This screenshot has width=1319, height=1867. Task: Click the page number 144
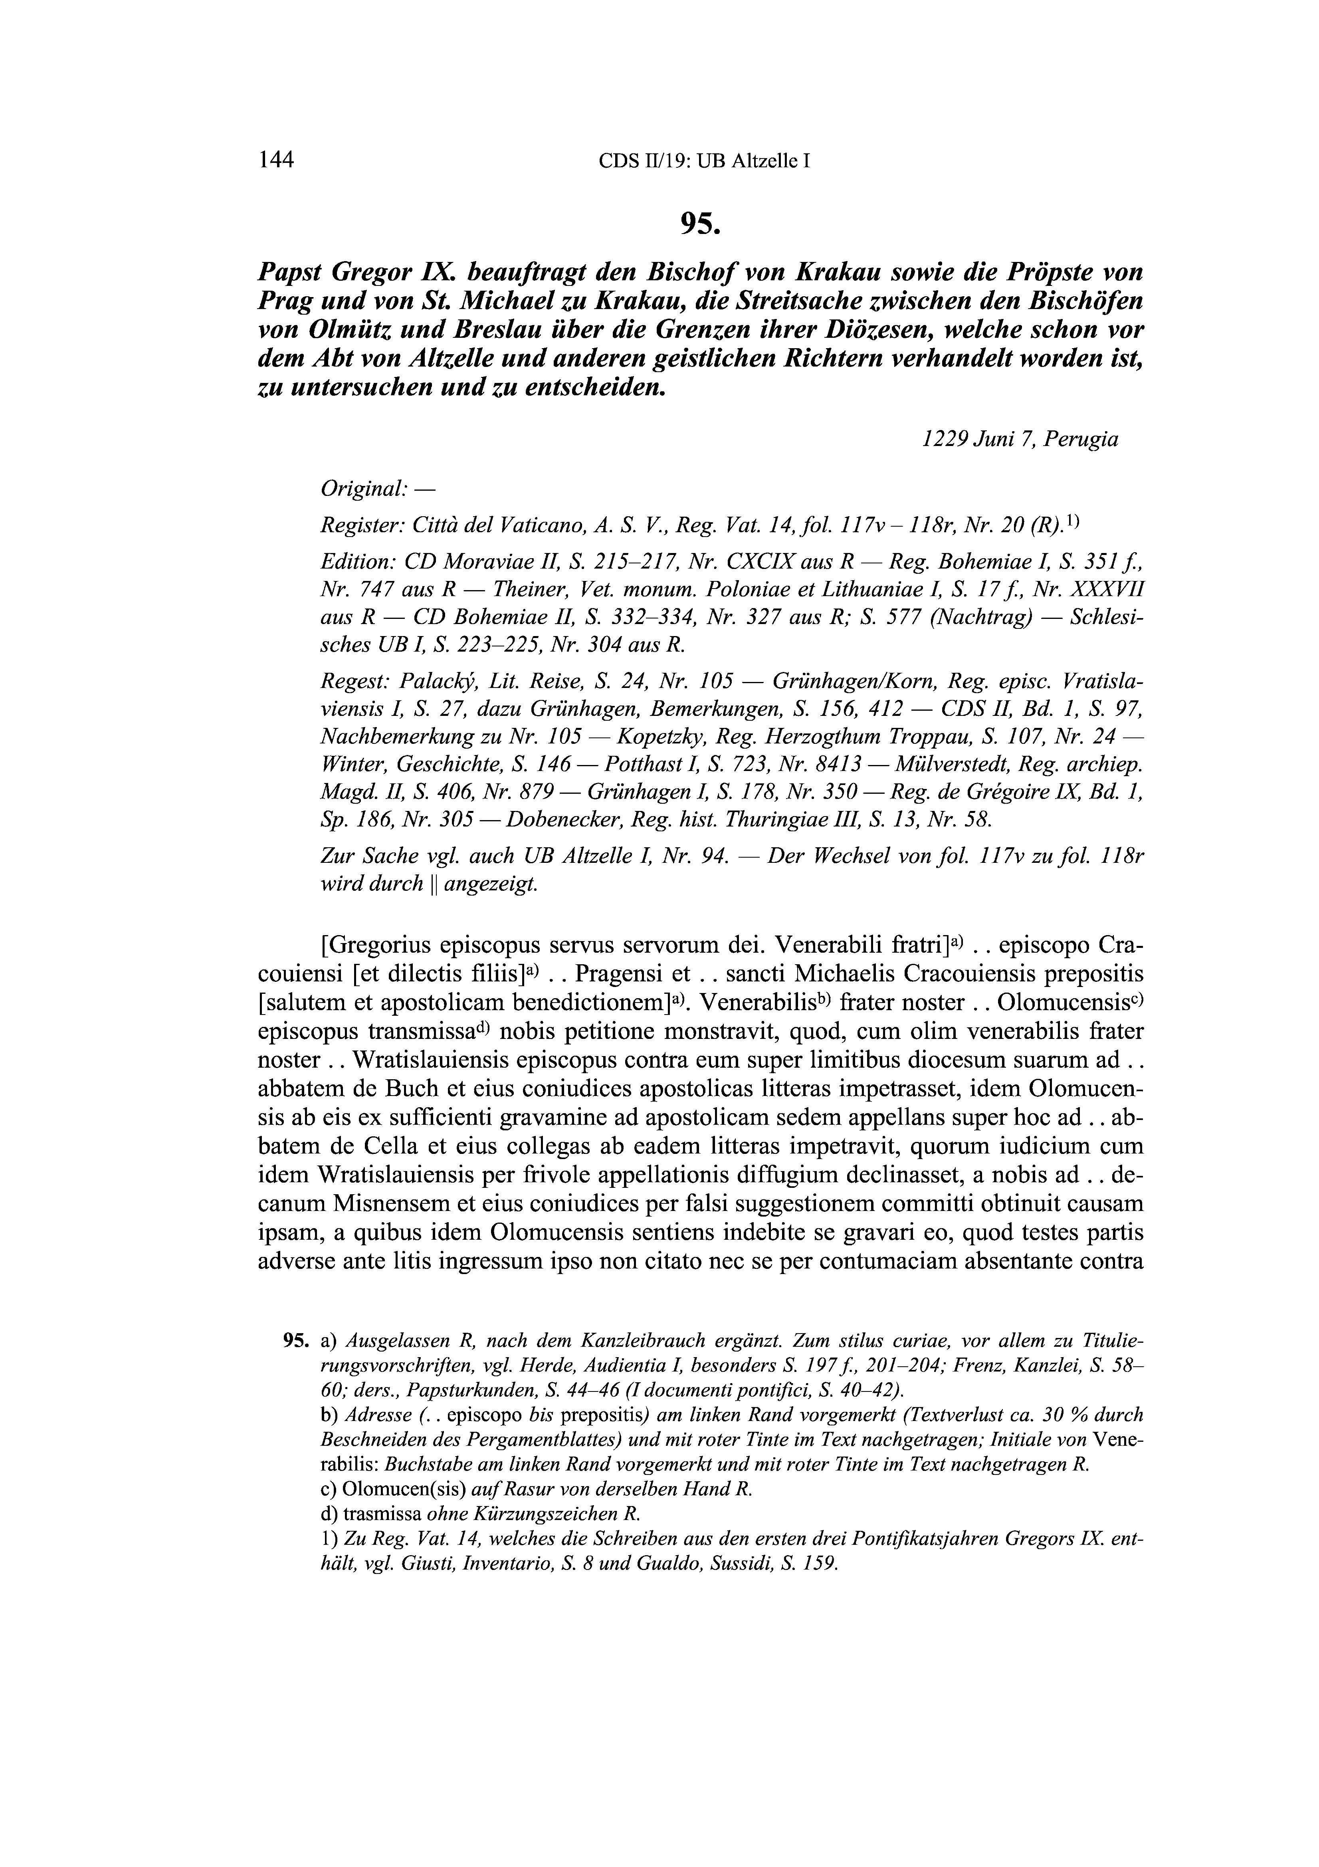pos(275,159)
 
